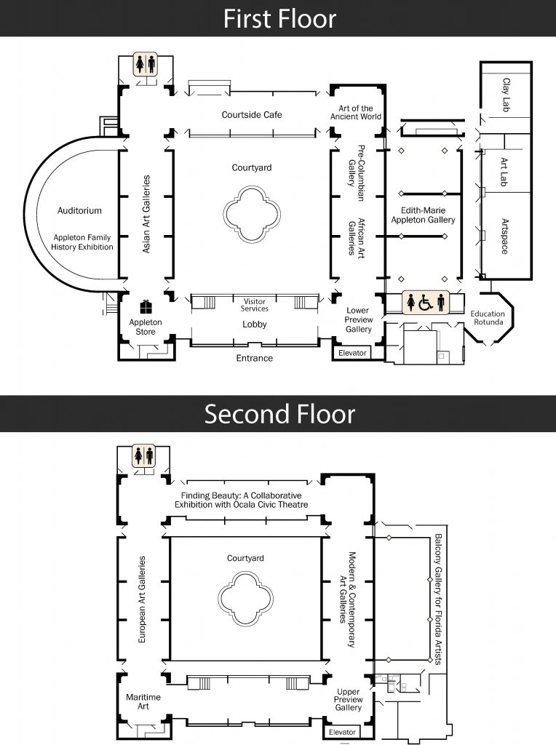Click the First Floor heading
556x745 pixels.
tap(279, 18)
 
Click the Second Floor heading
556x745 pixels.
tap(279, 414)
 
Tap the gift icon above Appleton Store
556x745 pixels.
tap(146, 306)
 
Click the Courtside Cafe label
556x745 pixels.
tap(252, 115)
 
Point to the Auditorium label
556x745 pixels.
tap(79, 211)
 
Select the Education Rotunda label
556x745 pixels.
tap(488, 318)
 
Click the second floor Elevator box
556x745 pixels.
tap(343, 732)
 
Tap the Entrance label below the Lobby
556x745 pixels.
tap(254, 358)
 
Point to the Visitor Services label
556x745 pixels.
tap(254, 304)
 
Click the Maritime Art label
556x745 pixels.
tap(143, 702)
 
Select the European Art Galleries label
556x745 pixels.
tap(143, 599)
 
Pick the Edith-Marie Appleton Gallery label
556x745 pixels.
tap(423, 215)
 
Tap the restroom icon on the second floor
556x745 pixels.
tap(143, 456)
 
